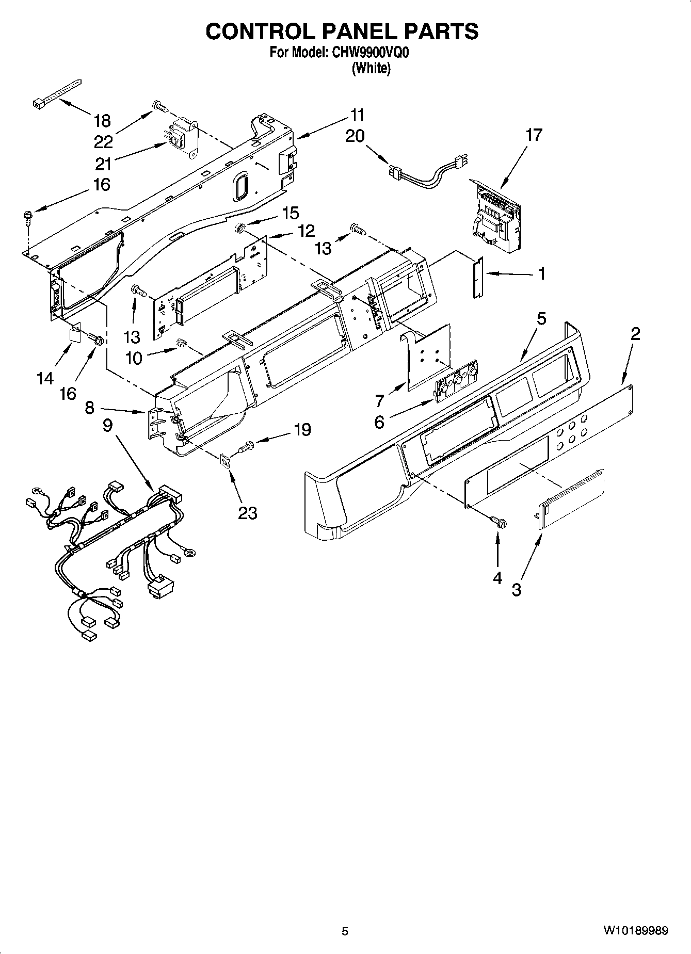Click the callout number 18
coord(102,121)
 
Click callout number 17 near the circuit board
coord(534,135)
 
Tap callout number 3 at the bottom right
coord(517,589)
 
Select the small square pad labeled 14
coord(74,333)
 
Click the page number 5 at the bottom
coord(345,931)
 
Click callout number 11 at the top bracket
coord(357,115)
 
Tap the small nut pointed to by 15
coord(239,228)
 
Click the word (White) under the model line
coord(371,68)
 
